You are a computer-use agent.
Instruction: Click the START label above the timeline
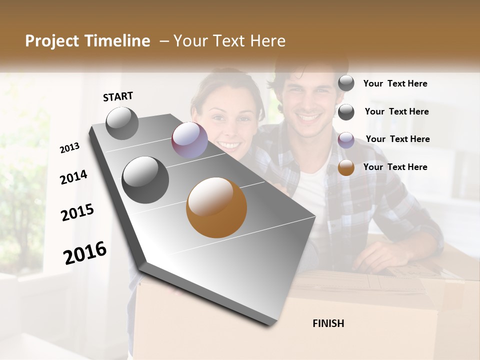(x=118, y=96)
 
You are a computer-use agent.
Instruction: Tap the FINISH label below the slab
(x=328, y=323)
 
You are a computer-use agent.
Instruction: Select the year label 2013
(x=69, y=148)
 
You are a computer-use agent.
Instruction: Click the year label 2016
(x=85, y=252)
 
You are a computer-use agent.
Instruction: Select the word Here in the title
(x=265, y=41)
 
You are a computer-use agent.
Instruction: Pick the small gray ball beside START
(x=122, y=123)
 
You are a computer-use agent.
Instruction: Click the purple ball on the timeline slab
(x=189, y=140)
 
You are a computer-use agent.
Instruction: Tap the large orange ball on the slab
(x=216, y=207)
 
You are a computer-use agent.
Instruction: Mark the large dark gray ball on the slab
(x=145, y=180)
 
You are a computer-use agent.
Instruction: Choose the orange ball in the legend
(x=346, y=168)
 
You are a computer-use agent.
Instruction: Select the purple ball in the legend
(x=346, y=140)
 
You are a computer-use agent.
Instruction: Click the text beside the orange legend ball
(x=395, y=167)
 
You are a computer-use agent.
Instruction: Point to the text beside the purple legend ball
(x=397, y=139)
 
